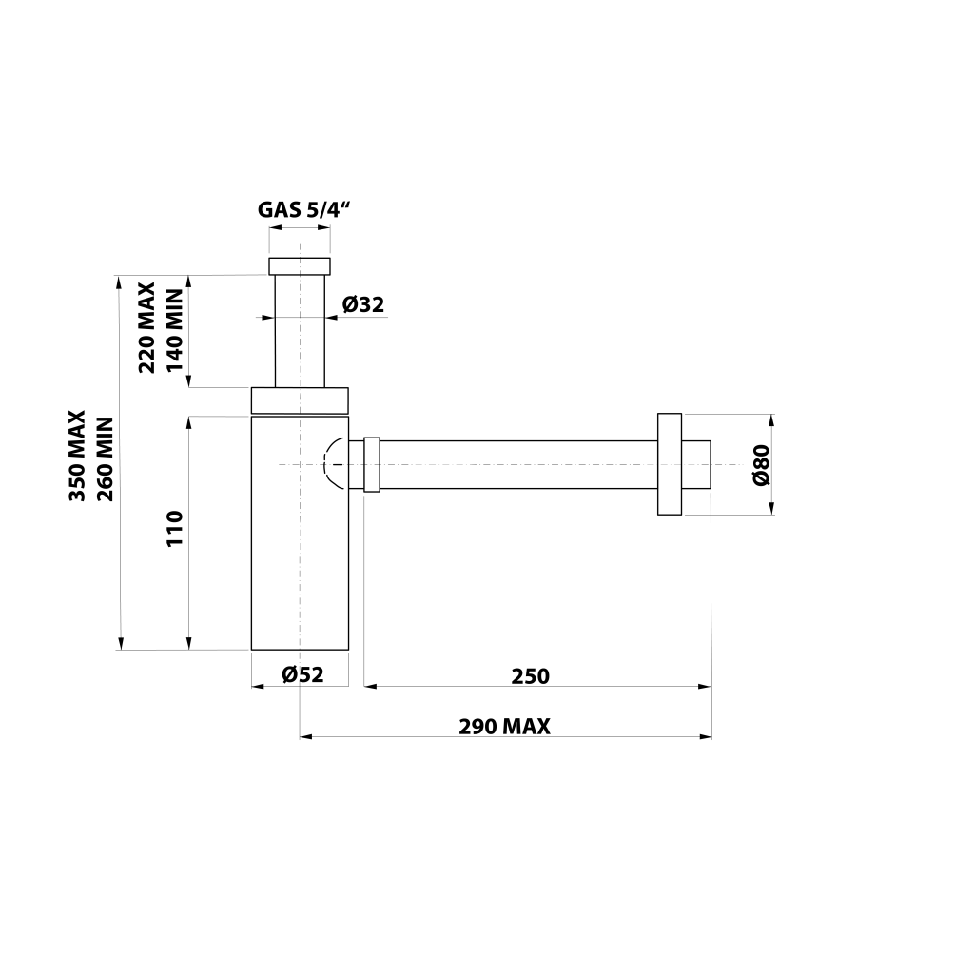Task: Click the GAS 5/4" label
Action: coord(303,209)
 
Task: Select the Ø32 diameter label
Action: coord(363,304)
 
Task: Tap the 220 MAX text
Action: coord(146,327)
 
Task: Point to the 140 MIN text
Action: coord(175,330)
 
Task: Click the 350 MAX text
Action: coord(77,456)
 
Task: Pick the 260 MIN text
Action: coord(106,459)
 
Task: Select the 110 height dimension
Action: coord(176,529)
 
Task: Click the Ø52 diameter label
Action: coord(303,674)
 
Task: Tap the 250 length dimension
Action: coord(531,676)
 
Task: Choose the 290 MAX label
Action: coord(504,726)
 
